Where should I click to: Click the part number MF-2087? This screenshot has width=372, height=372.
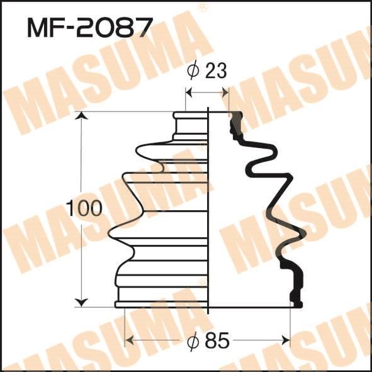pos(89,28)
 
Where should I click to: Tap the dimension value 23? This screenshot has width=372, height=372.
pos(216,70)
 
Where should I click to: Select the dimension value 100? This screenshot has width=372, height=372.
pos(84,208)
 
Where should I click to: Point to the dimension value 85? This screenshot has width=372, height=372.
pos(217,341)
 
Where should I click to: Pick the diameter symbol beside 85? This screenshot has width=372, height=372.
pos(193,341)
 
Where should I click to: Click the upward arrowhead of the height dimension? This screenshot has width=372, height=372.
pos(81,116)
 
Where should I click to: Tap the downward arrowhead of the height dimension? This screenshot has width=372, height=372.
pos(81,303)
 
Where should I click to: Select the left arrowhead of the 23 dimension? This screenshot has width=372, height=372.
pos(189,93)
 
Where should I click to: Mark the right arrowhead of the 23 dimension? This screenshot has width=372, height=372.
pos(225,93)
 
